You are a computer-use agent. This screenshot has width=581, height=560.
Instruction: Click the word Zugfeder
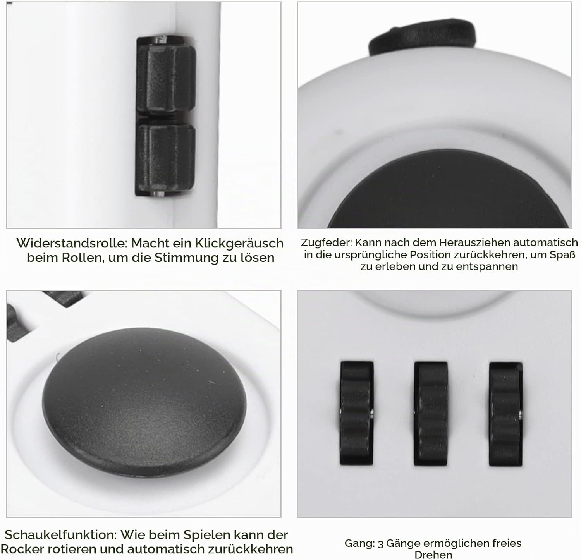pyautogui.click(x=326, y=243)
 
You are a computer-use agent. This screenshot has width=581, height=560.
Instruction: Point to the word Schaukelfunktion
pyautogui.click(x=60, y=535)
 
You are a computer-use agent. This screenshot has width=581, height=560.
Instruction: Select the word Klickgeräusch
pyautogui.click(x=239, y=244)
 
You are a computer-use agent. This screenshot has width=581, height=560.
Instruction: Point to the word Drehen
pyautogui.click(x=433, y=555)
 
